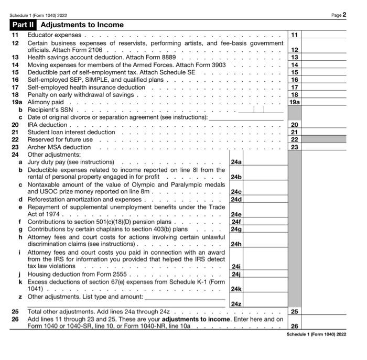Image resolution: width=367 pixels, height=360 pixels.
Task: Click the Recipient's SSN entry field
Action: pyautogui.click(x=261, y=110)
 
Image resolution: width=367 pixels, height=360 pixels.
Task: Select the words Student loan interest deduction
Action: pyautogui.click(x=71, y=133)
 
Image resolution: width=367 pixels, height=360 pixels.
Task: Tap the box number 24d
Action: pyautogui.click(x=236, y=199)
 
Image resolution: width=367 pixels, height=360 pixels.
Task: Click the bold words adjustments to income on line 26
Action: pyautogui.click(x=196, y=319)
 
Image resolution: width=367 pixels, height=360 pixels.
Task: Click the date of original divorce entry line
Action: pyautogui.click(x=246, y=117)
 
